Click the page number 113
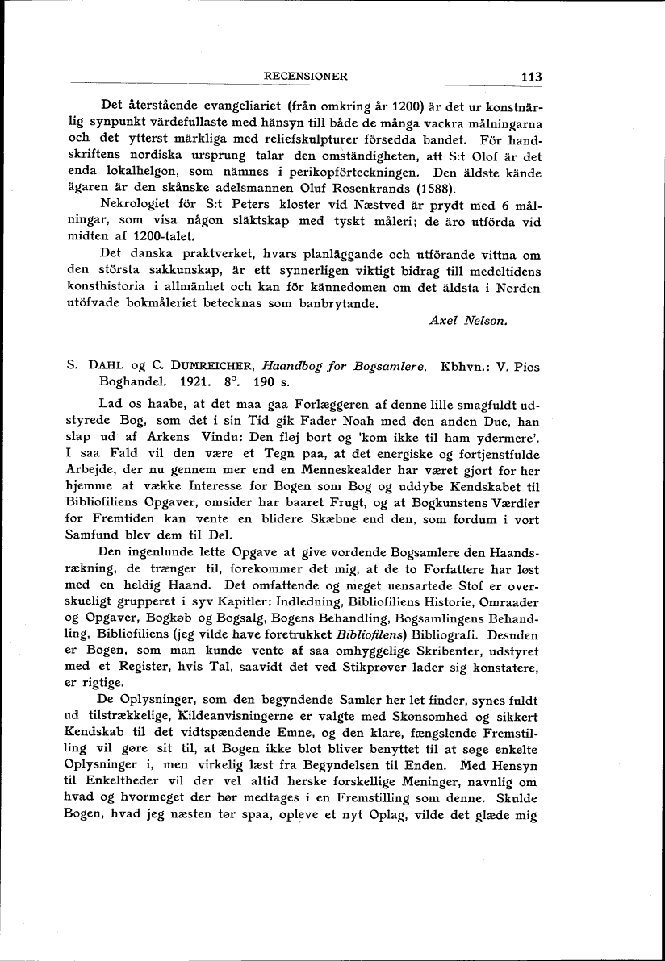click(x=530, y=77)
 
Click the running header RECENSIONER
click(x=306, y=77)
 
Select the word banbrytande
click(x=333, y=304)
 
